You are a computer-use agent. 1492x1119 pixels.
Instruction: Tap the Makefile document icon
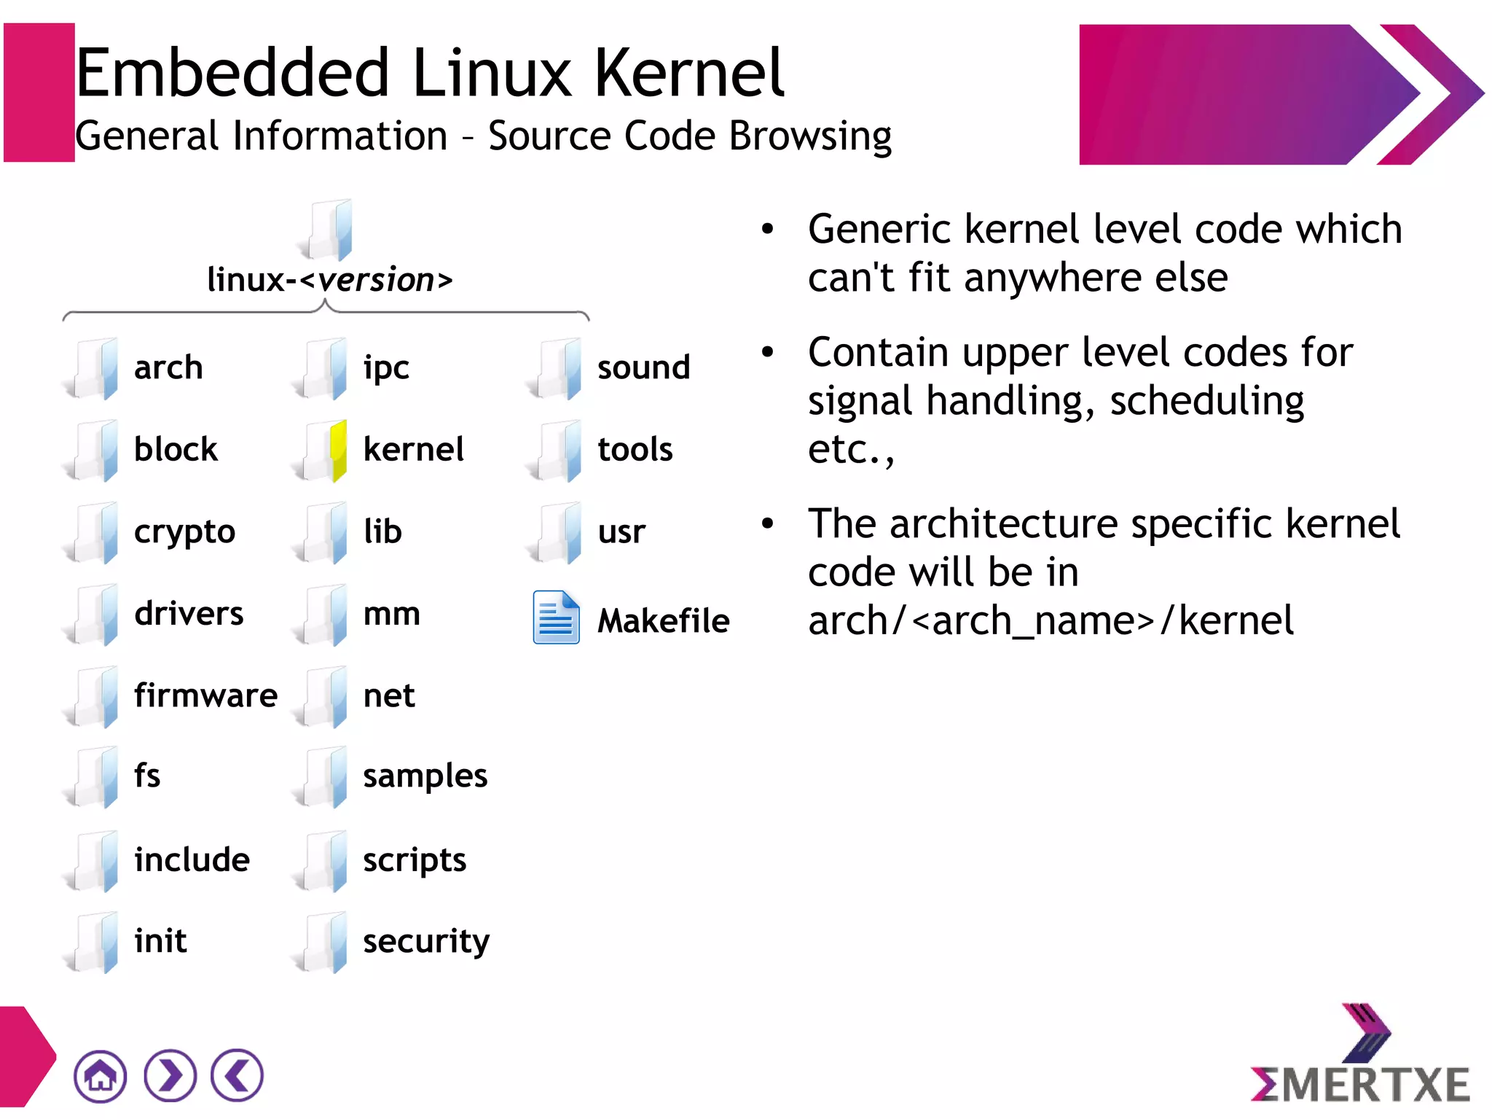(x=556, y=617)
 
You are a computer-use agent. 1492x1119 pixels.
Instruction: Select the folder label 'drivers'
(x=189, y=613)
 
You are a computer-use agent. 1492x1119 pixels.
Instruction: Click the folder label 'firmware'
(x=205, y=695)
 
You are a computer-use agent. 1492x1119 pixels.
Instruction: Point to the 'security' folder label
(x=426, y=941)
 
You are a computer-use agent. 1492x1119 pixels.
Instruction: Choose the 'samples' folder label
(x=425, y=776)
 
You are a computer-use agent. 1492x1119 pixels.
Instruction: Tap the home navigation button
(x=100, y=1076)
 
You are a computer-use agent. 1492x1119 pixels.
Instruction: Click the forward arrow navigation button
(x=170, y=1076)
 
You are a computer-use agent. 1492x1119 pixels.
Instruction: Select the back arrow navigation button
(x=237, y=1076)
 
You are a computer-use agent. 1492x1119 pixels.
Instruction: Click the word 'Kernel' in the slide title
(x=689, y=73)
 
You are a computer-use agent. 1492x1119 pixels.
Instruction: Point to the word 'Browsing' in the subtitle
(x=810, y=136)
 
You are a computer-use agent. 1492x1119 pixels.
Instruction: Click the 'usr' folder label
(x=621, y=531)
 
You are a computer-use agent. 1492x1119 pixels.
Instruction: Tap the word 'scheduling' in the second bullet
(x=1206, y=401)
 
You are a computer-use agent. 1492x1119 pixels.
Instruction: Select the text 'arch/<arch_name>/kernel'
(x=1051, y=621)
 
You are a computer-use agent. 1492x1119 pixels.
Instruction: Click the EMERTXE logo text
(x=1361, y=1084)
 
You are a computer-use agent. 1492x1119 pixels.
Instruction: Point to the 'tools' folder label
(x=635, y=450)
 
